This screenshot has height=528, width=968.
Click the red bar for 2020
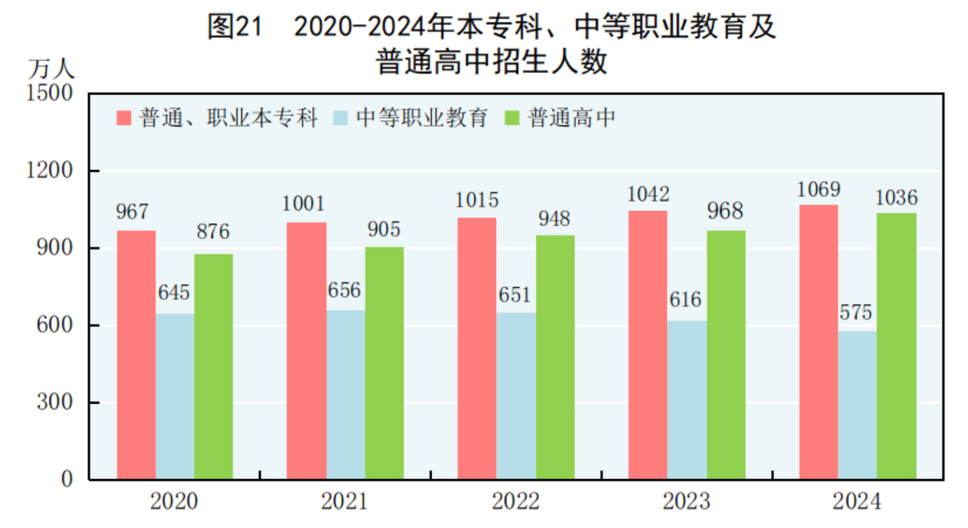click(136, 355)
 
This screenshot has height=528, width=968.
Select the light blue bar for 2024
click(857, 405)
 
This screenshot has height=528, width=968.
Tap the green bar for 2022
click(555, 357)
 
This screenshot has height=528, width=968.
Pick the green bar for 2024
click(896, 346)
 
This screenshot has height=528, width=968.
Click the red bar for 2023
click(647, 345)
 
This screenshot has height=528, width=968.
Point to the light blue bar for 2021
click(346, 394)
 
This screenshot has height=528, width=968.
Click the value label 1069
click(819, 190)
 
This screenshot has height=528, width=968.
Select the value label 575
click(855, 313)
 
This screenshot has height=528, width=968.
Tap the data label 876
click(213, 232)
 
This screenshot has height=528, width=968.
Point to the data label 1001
click(304, 204)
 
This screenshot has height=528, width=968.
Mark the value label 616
click(685, 300)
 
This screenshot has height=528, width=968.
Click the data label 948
click(554, 219)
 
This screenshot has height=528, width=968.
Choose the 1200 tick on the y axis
click(49, 170)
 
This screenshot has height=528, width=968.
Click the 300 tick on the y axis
click(54, 402)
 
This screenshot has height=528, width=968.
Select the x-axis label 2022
click(516, 502)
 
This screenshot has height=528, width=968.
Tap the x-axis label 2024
click(856, 502)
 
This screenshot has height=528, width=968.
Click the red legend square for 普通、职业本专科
click(124, 118)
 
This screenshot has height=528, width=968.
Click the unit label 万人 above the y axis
click(51, 69)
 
